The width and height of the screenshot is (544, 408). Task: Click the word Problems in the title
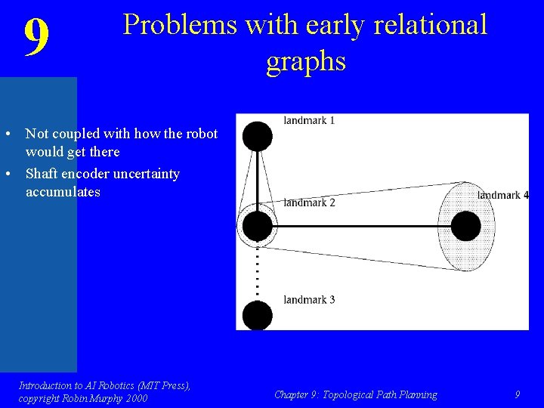tap(178, 25)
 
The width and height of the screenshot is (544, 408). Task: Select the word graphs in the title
tap(305, 61)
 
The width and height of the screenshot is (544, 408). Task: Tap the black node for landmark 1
tap(258, 136)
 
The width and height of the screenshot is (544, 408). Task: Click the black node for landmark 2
tap(258, 226)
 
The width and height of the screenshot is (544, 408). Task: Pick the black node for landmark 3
tap(258, 314)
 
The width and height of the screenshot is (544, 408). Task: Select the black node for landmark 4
tap(465, 226)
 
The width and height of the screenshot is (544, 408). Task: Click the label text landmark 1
tap(309, 120)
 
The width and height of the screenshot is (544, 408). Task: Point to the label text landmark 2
tap(309, 202)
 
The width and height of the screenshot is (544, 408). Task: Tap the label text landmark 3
tap(309, 300)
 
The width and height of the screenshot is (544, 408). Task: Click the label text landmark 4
tap(502, 196)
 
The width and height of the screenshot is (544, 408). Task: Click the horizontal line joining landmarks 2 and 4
tap(363, 226)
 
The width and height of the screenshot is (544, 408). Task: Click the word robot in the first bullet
tap(199, 134)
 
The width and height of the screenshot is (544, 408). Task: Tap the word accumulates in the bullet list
tap(63, 192)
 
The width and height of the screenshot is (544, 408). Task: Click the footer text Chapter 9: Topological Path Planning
tap(355, 394)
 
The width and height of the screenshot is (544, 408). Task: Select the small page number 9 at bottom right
tap(517, 394)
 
